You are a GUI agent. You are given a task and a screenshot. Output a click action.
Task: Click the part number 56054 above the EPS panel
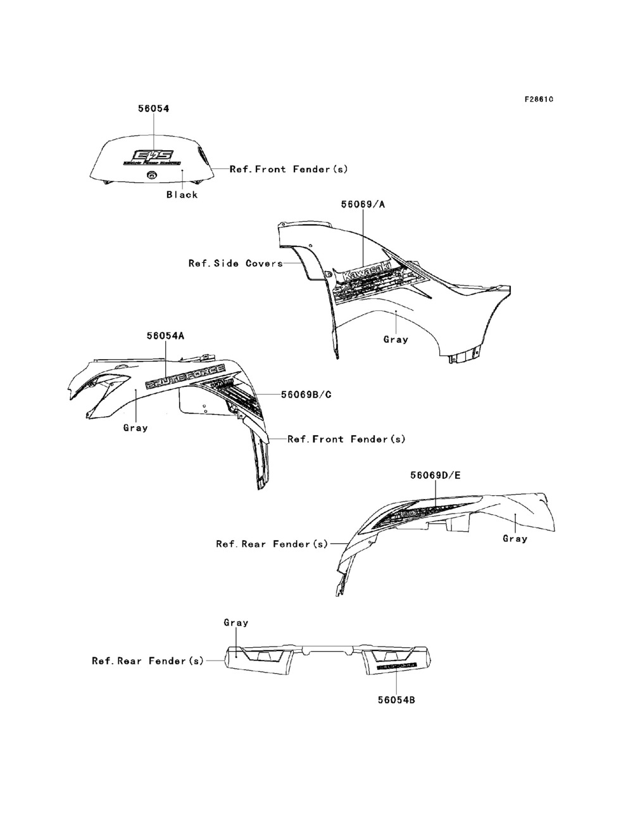(x=153, y=108)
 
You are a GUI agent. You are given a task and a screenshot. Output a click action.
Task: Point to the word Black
(x=182, y=194)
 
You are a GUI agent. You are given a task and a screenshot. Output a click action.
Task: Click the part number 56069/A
(x=363, y=205)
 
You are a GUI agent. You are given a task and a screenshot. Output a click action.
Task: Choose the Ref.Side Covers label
(x=235, y=263)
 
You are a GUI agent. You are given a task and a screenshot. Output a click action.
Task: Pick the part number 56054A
(x=165, y=336)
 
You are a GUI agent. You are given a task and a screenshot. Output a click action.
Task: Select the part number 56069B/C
(x=306, y=395)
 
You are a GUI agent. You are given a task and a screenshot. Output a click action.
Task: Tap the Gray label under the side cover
(x=396, y=339)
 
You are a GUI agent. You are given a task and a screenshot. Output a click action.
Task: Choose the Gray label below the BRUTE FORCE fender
(x=135, y=427)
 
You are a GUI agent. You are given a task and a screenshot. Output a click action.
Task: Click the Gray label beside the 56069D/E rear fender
(x=515, y=538)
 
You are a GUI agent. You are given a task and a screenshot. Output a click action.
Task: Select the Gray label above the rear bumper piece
(x=236, y=623)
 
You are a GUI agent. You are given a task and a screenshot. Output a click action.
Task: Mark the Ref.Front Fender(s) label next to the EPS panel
(x=289, y=169)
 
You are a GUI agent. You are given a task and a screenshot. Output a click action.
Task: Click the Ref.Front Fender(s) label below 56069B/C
(x=346, y=439)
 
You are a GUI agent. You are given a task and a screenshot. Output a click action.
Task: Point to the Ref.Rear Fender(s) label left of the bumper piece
(x=148, y=661)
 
